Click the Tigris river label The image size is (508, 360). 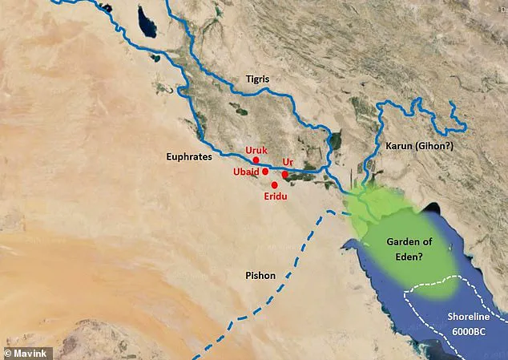point(260,79)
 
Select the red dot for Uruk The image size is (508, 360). point(256,160)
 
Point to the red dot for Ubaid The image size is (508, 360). point(265,172)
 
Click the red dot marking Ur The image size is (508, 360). point(284,174)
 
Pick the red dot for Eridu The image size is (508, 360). point(275,184)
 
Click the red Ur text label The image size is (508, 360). point(288,162)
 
